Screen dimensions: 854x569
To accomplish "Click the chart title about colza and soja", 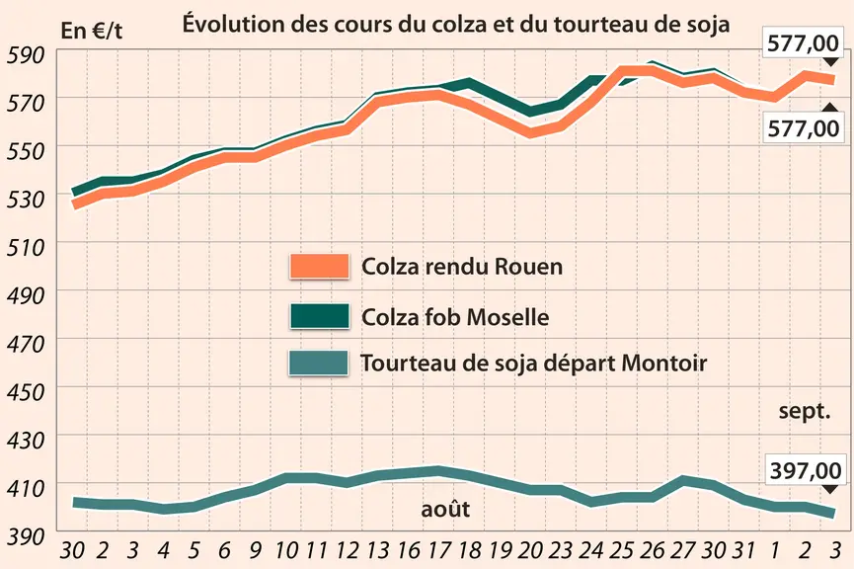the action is tap(456, 24).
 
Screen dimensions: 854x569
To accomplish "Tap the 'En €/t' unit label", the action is tap(92, 31).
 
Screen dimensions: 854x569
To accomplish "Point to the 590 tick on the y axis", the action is tap(25, 55).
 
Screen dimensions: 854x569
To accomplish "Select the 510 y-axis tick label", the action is tap(25, 248).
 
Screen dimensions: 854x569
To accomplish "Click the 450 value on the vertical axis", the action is tap(25, 392).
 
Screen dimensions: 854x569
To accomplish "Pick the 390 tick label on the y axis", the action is tap(25, 536).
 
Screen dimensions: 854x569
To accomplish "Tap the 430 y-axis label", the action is tap(25, 441).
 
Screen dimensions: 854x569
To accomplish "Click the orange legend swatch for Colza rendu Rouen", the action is tap(319, 266).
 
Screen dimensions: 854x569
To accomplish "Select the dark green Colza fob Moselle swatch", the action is tap(319, 316).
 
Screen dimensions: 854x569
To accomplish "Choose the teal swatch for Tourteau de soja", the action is tap(319, 363).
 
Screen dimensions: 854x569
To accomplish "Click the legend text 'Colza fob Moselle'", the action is tap(455, 317).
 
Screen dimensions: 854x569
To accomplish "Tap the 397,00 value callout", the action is tap(806, 470).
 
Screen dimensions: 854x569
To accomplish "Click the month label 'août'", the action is tap(445, 509).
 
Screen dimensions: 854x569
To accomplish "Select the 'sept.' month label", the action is tap(805, 411).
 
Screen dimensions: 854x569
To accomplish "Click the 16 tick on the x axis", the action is tap(409, 551).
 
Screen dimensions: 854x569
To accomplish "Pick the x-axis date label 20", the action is tap(530, 551).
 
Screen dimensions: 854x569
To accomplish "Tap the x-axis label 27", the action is tap(682, 551).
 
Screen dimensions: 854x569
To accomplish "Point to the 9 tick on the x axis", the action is tap(255, 551).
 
